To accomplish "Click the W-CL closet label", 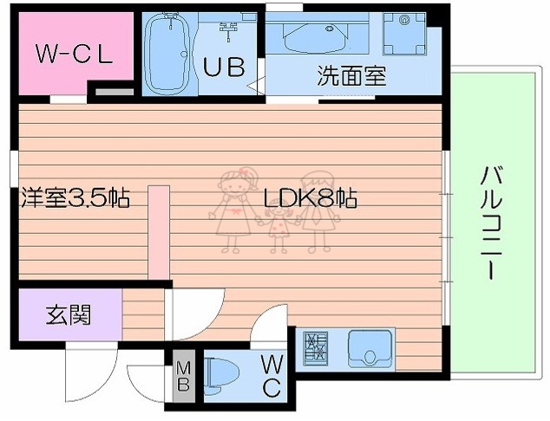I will pyautogui.click(x=74, y=55).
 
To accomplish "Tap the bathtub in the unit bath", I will pyautogui.click(x=167, y=55).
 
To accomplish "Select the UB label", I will pyautogui.click(x=223, y=67).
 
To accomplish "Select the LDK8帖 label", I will pyautogui.click(x=310, y=198).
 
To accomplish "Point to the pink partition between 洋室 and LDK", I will pyautogui.click(x=158, y=230).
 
